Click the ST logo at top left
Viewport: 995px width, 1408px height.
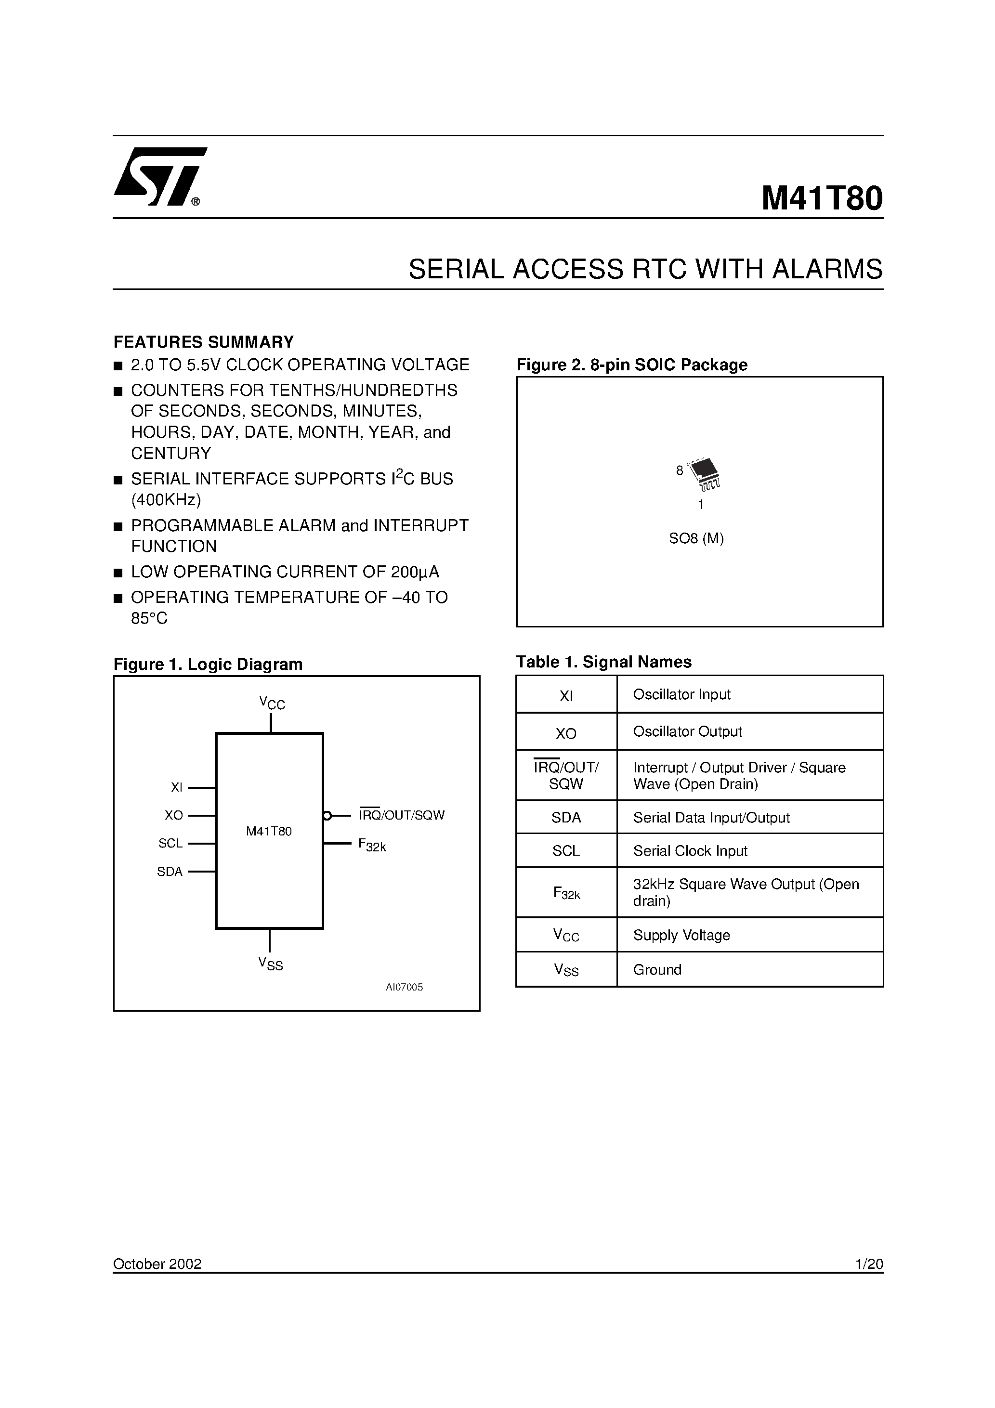[x=159, y=177]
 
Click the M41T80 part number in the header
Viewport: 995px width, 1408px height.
[x=822, y=199]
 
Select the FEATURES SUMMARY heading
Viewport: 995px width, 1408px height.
[x=204, y=341]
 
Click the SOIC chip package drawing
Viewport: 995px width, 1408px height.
[x=704, y=473]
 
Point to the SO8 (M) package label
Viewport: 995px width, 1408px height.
[x=696, y=538]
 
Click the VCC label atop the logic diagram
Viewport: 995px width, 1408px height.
[x=272, y=703]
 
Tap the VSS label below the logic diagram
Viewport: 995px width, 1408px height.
[x=271, y=964]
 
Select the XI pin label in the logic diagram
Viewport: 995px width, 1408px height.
[x=177, y=787]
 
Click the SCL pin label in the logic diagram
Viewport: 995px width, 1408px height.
[x=170, y=843]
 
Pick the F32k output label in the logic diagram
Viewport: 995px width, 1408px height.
[x=372, y=845]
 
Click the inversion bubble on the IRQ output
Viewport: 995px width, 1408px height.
[x=327, y=816]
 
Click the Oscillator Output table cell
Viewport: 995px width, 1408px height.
[x=688, y=731]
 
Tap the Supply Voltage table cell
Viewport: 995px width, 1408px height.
[x=681, y=935]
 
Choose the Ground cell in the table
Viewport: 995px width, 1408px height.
[x=657, y=969]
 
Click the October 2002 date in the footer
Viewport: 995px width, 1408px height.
[x=157, y=1264]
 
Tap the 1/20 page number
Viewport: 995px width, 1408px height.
[x=869, y=1264]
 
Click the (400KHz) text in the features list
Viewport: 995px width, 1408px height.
[x=166, y=500]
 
